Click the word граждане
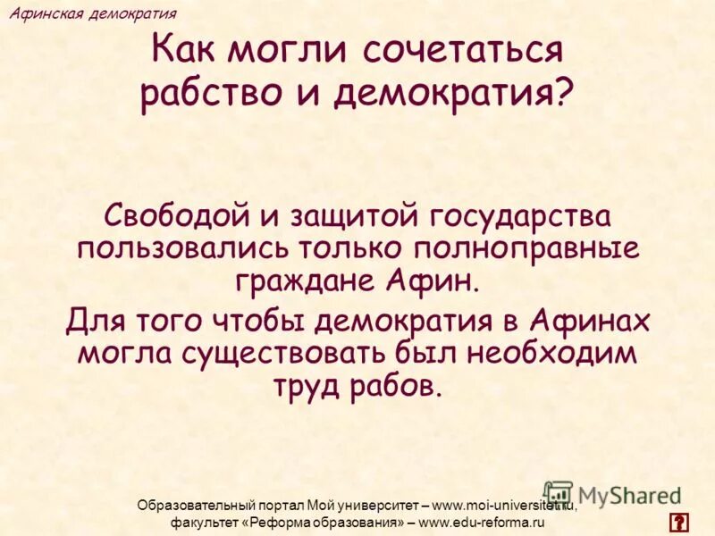pyautogui.click(x=307, y=281)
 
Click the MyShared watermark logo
pyautogui.click(x=612, y=494)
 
